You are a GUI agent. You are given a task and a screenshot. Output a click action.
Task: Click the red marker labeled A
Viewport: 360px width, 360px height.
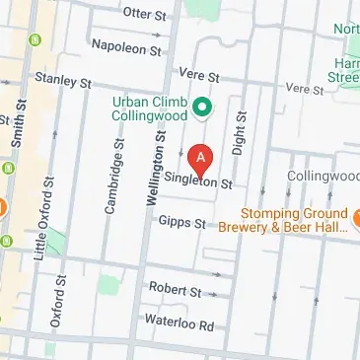click(x=201, y=158)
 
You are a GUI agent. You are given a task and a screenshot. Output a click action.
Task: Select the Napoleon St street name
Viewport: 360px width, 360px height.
click(x=125, y=46)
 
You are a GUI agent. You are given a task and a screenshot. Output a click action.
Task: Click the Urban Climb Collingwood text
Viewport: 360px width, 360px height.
click(x=151, y=109)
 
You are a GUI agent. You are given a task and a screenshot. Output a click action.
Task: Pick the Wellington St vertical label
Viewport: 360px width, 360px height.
click(x=154, y=158)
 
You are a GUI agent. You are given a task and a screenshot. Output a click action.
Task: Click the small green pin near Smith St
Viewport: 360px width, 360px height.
click(x=37, y=40)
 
